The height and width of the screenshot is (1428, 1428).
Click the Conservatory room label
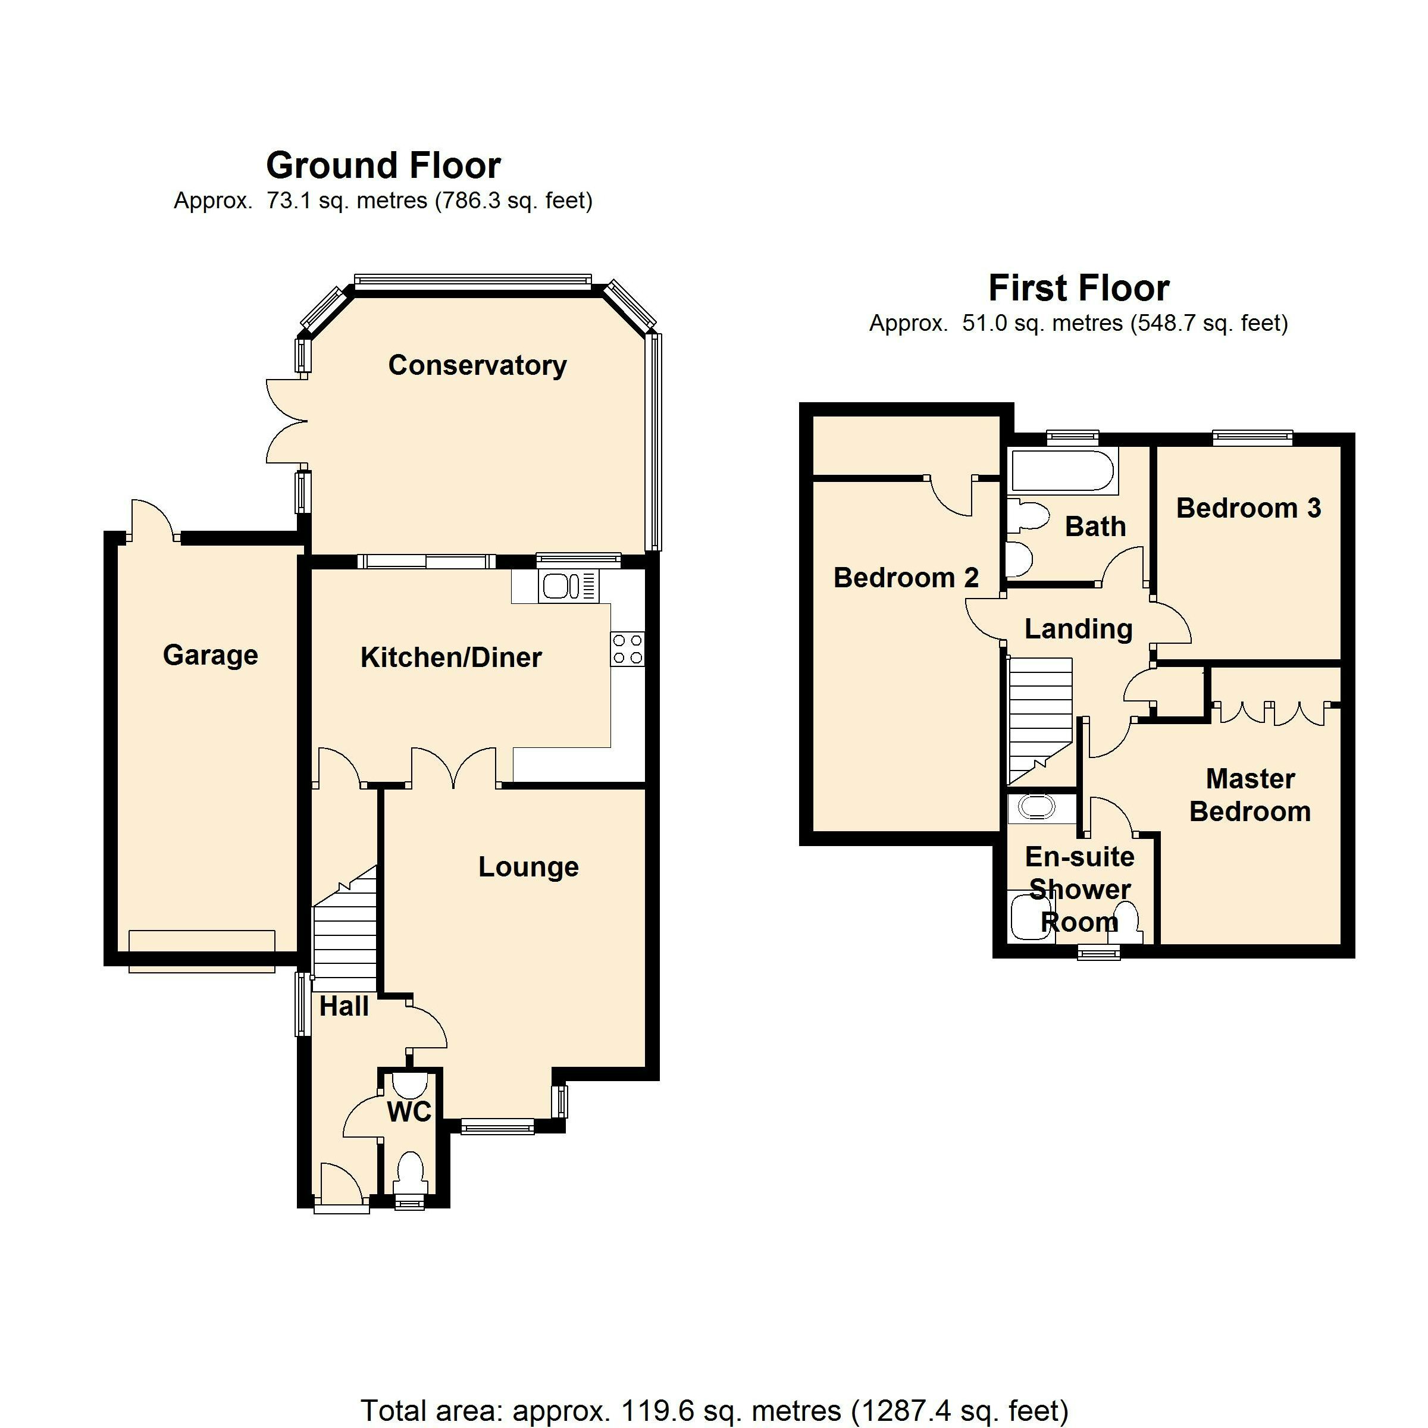[x=477, y=366]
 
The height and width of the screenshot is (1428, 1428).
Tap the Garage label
[x=210, y=656]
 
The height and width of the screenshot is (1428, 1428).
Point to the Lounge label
[x=528, y=867]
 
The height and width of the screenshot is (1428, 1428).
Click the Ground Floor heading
[x=384, y=165]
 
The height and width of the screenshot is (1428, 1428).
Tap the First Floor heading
[x=1079, y=288]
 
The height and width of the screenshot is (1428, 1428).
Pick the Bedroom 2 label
[x=906, y=578]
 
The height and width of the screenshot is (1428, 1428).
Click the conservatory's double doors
[x=287, y=421]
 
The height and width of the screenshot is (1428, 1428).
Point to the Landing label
[x=1078, y=629]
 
